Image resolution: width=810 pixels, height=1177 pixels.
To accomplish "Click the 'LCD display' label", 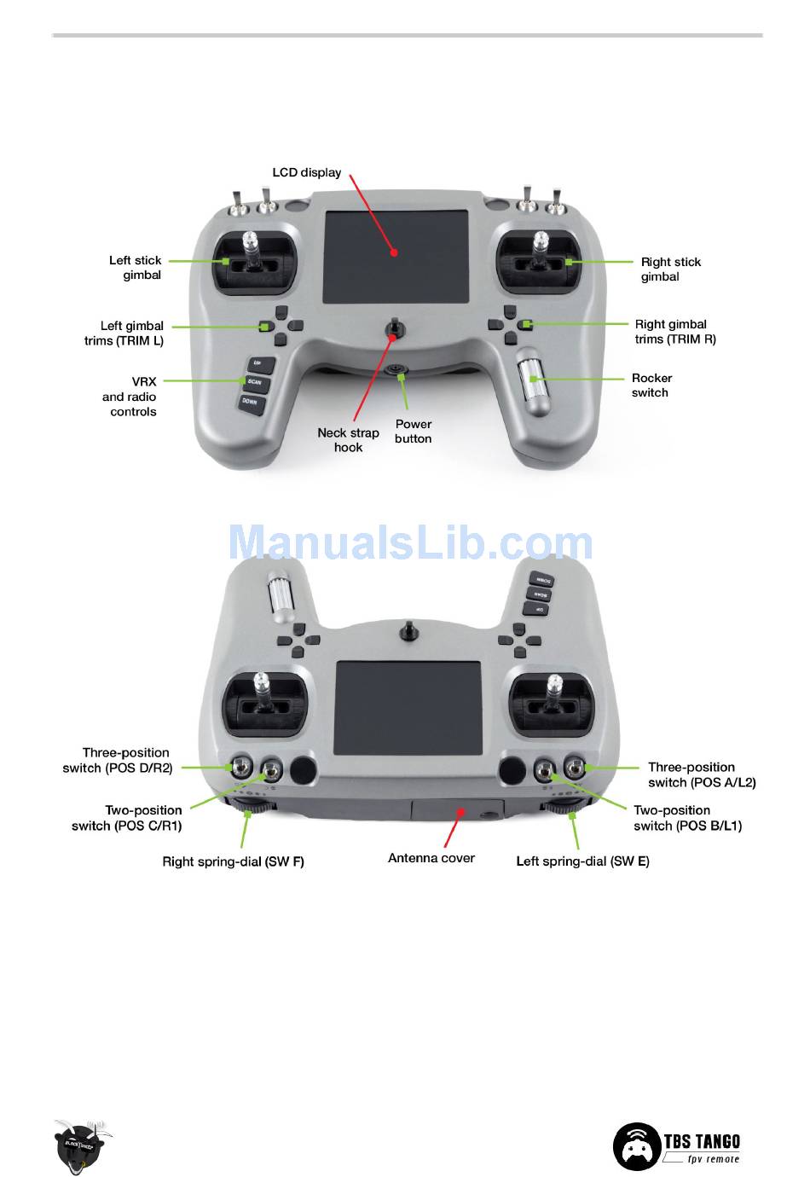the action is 306,172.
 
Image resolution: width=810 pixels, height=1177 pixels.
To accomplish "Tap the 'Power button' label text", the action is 414,432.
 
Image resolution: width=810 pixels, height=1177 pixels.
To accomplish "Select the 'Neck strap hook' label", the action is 348,440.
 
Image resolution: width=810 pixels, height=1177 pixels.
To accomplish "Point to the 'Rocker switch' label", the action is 651,386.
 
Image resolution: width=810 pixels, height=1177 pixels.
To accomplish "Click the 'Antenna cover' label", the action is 431,858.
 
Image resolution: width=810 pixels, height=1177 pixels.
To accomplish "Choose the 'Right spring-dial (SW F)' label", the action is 233,861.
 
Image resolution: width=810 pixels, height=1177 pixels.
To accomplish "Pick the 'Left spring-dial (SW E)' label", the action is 582,861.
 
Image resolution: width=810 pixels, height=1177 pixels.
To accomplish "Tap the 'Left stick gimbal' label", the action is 136,268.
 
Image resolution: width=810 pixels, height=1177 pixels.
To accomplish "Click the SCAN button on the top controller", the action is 254,382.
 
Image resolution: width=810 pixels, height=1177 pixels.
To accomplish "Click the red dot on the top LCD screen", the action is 394,252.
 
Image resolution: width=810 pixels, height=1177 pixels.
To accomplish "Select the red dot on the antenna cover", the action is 460,812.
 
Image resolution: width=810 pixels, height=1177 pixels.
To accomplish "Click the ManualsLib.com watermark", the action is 410,543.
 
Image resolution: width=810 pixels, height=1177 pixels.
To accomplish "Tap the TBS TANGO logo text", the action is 702,1141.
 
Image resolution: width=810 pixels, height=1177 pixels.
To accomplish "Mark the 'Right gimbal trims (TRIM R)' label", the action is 674,332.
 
